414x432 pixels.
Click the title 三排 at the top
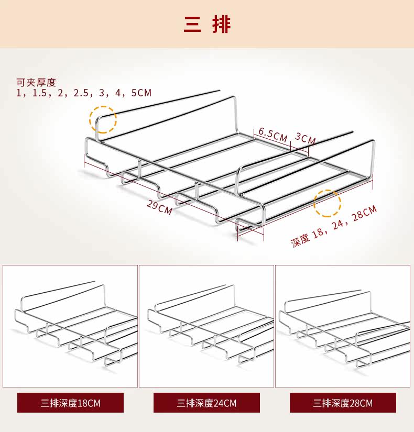[207, 24]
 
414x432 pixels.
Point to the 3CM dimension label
[305, 139]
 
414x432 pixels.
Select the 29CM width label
[159, 206]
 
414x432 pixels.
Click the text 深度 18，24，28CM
[334, 227]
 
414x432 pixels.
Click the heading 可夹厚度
[36, 82]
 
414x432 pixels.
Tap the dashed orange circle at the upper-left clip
[103, 119]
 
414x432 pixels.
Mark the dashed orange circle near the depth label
[327, 203]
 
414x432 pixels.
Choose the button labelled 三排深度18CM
[70, 403]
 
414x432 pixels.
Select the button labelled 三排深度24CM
[206, 403]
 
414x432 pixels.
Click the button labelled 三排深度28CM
[343, 403]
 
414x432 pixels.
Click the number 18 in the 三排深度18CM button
[82, 403]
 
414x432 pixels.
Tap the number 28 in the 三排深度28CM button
[355, 403]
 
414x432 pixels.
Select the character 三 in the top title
[192, 24]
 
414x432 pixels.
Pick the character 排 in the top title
[222, 24]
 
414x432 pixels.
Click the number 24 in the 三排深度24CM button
[219, 403]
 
